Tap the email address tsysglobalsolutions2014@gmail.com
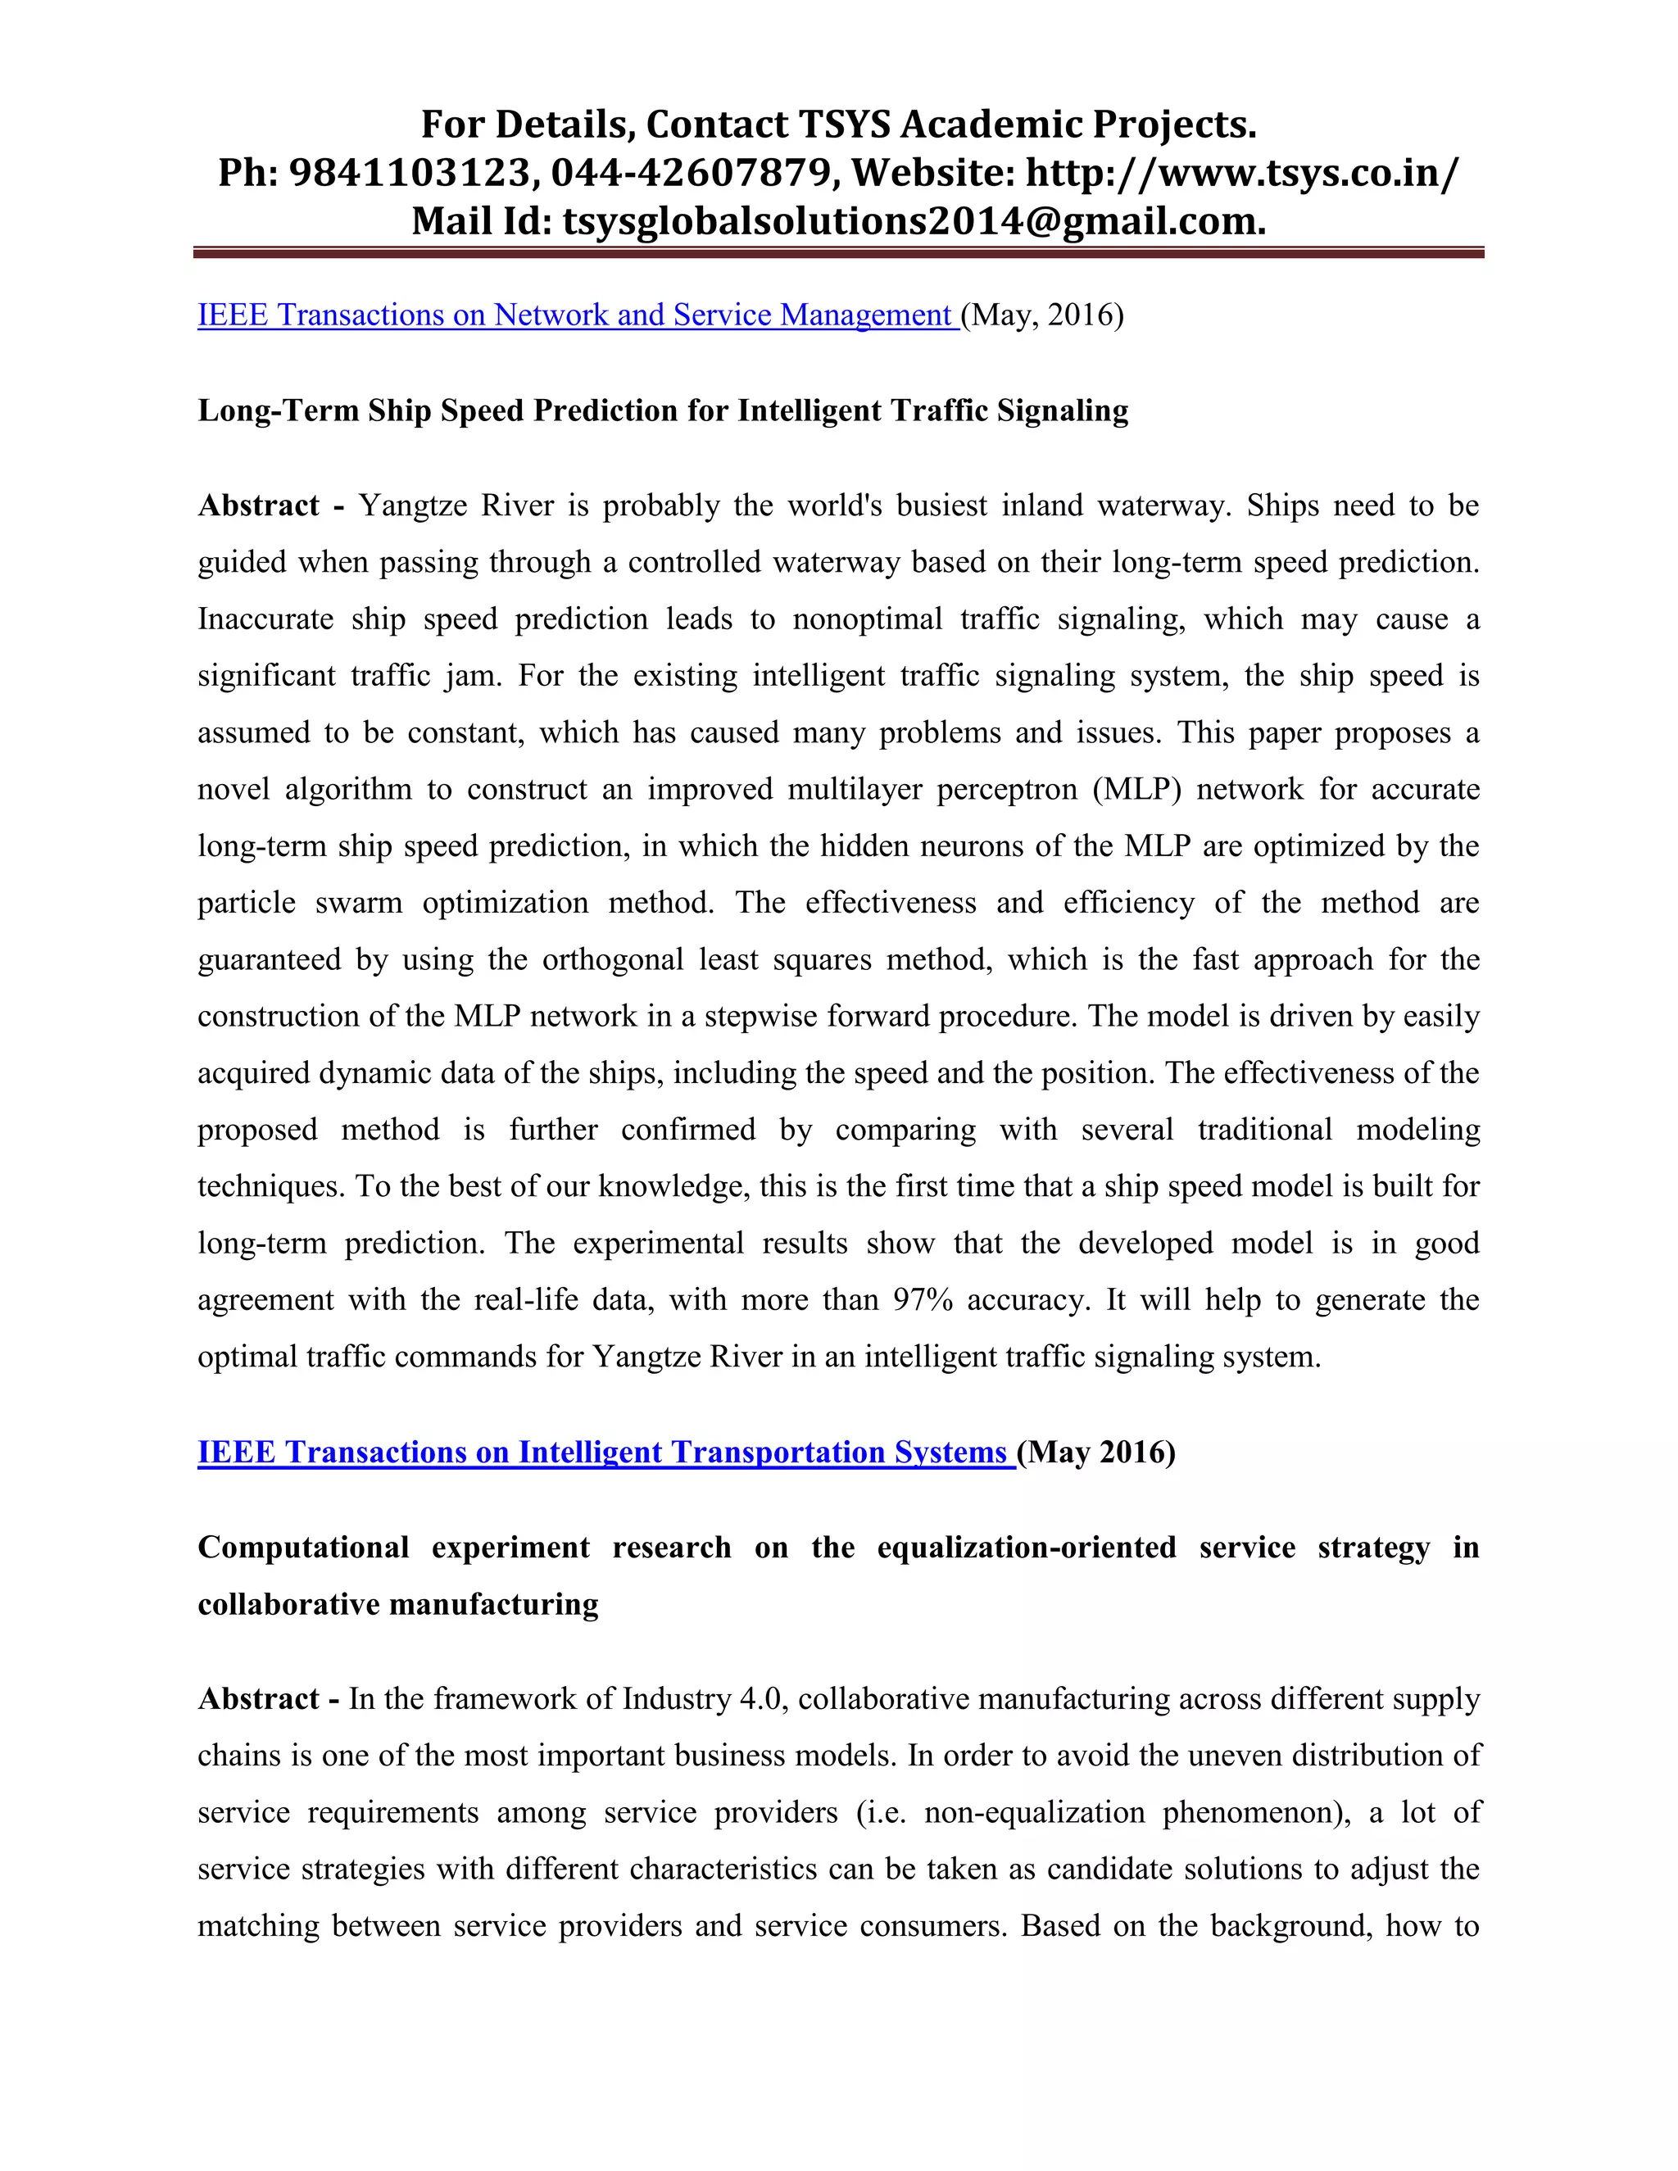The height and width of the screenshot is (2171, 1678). [914, 220]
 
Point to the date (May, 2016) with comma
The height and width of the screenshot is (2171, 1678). [1042, 315]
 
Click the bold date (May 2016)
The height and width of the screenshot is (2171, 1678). [1096, 1453]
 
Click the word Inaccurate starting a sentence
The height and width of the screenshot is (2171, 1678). [265, 619]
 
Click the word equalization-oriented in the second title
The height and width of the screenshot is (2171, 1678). [1026, 1548]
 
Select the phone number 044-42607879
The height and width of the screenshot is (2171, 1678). [691, 173]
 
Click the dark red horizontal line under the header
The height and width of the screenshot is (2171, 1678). [838, 253]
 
